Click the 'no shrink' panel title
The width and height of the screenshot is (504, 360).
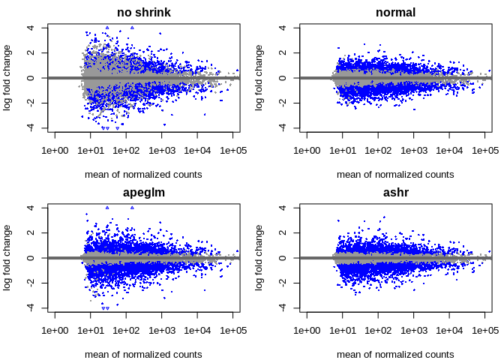coord(143,13)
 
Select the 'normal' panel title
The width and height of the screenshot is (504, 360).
coord(395,13)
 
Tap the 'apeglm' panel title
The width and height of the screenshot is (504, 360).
coord(143,193)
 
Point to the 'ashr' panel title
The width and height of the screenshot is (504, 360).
coord(395,193)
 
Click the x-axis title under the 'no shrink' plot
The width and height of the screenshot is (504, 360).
coord(143,174)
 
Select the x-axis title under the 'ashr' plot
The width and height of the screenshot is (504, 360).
coord(395,354)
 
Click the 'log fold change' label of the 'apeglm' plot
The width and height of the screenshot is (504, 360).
coord(7,257)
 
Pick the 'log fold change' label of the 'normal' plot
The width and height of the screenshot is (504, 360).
coord(259,77)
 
